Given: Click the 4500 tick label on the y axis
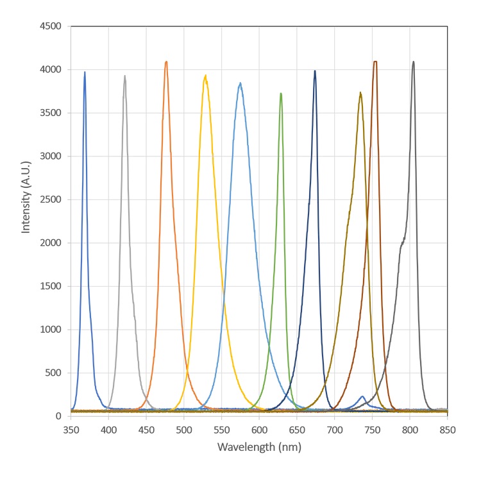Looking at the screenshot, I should pyautogui.click(x=51, y=26).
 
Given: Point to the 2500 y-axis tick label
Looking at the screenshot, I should pyautogui.click(x=51, y=199).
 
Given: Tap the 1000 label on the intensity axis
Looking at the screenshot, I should pyautogui.click(x=51, y=330).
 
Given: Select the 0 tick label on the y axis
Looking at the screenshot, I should pyautogui.click(x=58, y=416).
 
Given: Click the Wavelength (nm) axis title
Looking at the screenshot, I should pyautogui.click(x=259, y=446).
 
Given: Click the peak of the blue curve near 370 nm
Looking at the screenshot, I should pyautogui.click(x=85, y=72).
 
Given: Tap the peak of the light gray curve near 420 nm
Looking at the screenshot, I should pyautogui.click(x=124, y=76).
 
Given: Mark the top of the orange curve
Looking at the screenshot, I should pyautogui.click(x=166, y=62).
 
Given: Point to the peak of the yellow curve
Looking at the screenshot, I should pyautogui.click(x=205, y=76).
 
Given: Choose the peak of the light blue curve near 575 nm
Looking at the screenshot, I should pyautogui.click(x=240, y=83).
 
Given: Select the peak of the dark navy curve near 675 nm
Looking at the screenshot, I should pyautogui.click(x=315, y=71).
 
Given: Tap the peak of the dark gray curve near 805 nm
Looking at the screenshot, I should pyautogui.click(x=414, y=62).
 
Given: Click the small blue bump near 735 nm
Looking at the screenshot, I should pyautogui.click(x=362, y=396).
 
